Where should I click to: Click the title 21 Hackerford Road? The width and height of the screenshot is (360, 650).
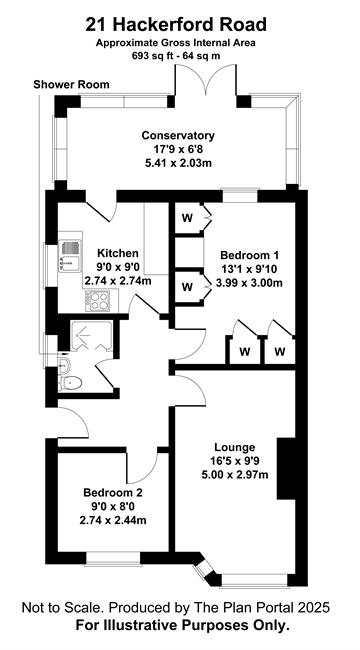176,25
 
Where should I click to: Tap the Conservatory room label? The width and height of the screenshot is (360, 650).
178,135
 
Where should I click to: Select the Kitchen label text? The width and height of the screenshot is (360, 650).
117,253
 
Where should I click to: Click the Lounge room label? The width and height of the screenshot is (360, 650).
234,448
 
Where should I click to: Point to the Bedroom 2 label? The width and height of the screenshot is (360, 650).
113,493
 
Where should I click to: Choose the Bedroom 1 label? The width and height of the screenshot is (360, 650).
249,254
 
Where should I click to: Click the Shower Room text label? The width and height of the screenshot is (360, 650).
71,85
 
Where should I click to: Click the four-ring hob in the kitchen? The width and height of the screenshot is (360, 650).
98,301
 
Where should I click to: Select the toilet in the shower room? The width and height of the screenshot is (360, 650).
70,383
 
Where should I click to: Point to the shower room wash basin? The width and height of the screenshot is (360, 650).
64,365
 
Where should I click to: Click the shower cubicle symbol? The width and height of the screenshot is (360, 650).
91,336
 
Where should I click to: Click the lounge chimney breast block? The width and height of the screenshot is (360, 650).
286,468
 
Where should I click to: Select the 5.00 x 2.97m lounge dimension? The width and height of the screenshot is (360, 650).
234,474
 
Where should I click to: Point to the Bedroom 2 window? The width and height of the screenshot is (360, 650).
113,558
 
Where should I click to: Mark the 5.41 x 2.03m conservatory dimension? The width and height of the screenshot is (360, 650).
178,162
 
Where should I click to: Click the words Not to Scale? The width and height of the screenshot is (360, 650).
60,608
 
